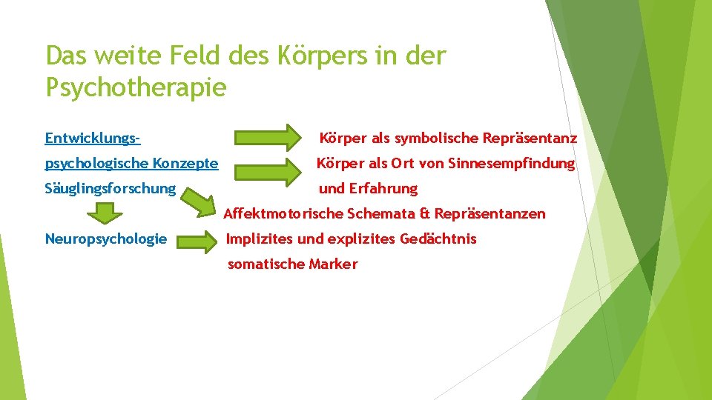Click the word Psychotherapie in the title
136,87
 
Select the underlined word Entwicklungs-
93,138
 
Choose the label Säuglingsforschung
111,188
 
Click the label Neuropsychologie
106,239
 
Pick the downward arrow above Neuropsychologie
107,213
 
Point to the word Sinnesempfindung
512,163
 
